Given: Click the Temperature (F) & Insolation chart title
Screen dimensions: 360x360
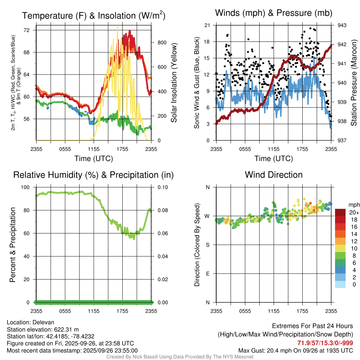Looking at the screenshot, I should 94,16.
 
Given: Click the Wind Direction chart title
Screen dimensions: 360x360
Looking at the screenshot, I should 274,175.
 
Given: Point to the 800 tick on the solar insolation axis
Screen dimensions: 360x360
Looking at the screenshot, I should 161,43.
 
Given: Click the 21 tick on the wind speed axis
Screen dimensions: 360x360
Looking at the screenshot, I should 207,25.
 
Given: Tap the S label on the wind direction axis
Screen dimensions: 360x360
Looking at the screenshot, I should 208,245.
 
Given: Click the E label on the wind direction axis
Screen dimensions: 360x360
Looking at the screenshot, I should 208,274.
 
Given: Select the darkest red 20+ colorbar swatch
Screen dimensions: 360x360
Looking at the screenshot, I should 340,212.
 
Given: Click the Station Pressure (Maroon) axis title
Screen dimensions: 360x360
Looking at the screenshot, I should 354,83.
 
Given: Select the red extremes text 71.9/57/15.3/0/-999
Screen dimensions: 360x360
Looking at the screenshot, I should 325,343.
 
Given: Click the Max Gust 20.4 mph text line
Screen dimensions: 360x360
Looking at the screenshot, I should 296,351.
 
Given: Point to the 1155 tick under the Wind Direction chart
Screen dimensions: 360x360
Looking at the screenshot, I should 274,311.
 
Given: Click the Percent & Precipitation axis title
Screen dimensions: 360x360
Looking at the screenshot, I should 12,245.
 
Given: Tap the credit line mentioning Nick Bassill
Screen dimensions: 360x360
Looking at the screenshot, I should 180,357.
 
